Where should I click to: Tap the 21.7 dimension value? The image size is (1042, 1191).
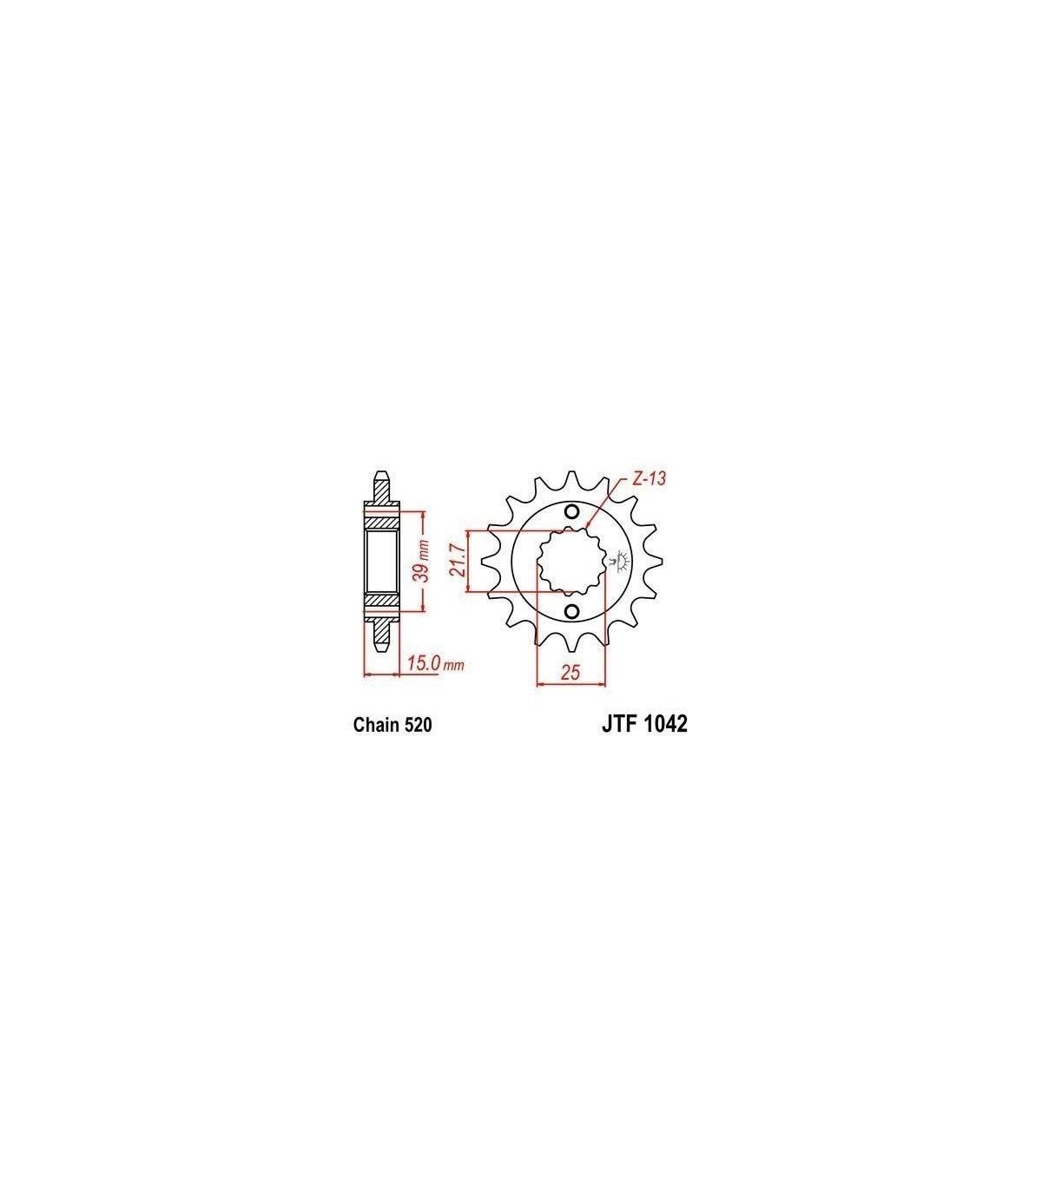[457, 560]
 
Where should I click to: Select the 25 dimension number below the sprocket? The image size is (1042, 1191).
[570, 673]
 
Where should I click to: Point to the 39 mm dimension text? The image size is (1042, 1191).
[424, 561]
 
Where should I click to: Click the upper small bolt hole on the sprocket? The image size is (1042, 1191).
[571, 511]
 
